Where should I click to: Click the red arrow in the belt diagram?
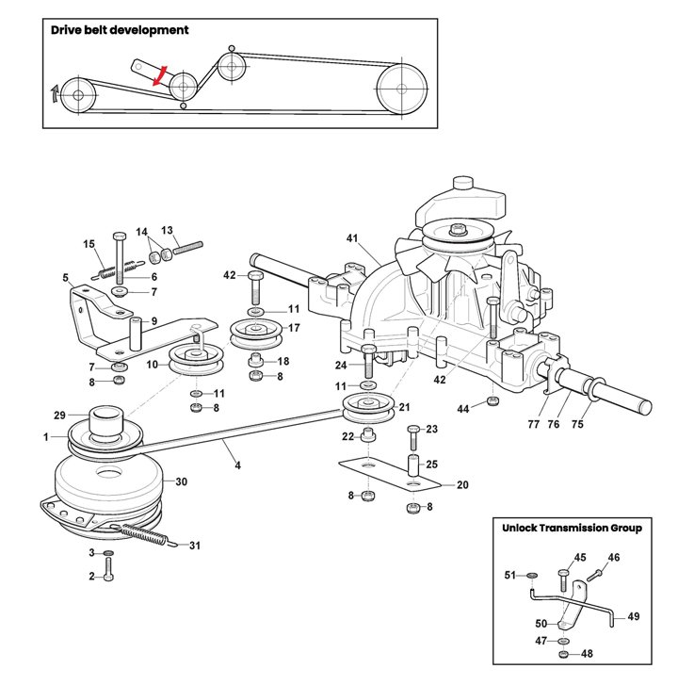[160, 75]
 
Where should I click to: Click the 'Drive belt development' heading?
[120, 30]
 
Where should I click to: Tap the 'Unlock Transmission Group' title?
[572, 528]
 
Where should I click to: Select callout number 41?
[352, 238]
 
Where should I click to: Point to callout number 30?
[181, 481]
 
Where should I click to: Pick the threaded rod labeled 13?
[188, 248]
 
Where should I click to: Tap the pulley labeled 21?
[369, 408]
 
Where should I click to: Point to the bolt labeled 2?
[108, 569]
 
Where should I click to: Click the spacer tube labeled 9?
[137, 334]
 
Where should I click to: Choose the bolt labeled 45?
[563, 581]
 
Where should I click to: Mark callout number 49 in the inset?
[634, 616]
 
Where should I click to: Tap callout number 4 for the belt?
[237, 465]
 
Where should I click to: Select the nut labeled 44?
[493, 401]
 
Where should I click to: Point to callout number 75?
[577, 424]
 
